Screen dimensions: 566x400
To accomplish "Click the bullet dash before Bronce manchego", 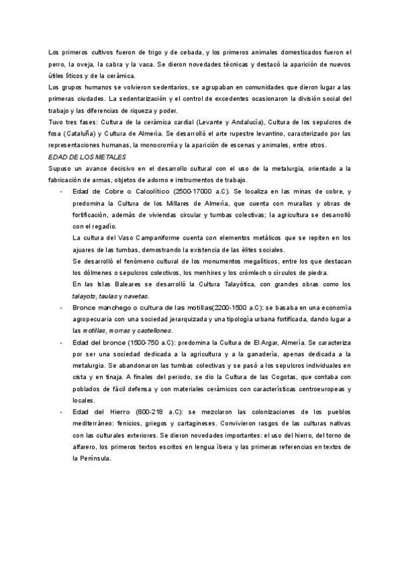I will [61, 308].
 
